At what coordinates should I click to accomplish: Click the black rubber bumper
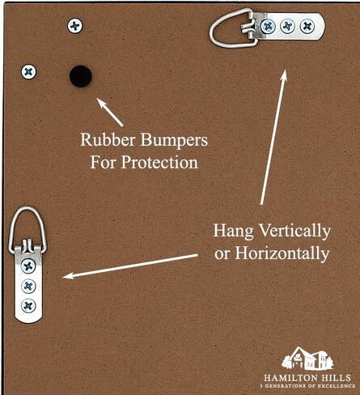click(x=81, y=76)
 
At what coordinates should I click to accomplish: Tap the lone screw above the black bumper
click(x=74, y=26)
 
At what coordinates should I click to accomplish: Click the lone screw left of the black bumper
click(x=28, y=72)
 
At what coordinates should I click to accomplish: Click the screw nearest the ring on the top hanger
click(x=268, y=27)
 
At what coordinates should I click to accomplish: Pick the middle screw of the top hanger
click(x=287, y=26)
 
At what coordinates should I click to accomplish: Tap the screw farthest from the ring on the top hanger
click(x=307, y=26)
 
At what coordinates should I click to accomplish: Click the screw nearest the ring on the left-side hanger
click(x=28, y=266)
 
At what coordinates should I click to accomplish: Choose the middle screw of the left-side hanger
click(x=28, y=286)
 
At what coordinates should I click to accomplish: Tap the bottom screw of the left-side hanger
click(x=28, y=306)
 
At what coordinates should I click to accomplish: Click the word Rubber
click(x=108, y=140)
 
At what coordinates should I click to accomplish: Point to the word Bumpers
click(x=174, y=141)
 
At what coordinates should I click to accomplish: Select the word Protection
click(x=159, y=163)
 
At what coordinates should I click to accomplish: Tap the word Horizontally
click(x=282, y=253)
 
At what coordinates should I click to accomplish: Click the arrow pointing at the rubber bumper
click(x=110, y=113)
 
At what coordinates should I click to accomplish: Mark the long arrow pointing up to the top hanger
click(x=273, y=137)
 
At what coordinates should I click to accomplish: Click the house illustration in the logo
click(x=307, y=359)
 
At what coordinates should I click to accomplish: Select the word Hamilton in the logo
click(x=290, y=377)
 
